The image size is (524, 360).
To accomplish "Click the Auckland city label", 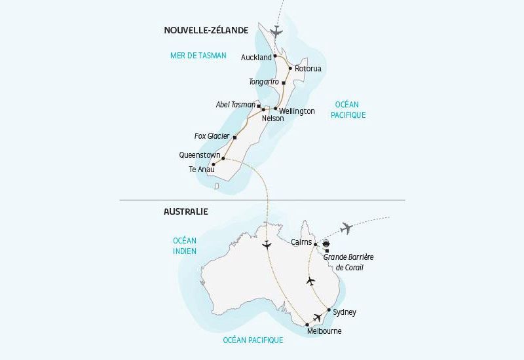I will click(x=256, y=58).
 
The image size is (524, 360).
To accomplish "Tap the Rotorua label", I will click(x=309, y=68).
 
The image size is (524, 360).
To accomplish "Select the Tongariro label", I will click(x=264, y=82).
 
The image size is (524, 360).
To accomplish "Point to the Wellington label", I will click(x=297, y=111).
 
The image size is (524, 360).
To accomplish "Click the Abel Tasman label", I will click(x=235, y=105).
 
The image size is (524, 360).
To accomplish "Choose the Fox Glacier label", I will click(x=212, y=136).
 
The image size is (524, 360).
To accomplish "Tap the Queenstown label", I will click(x=199, y=155).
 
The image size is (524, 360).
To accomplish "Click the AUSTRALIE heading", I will click(x=185, y=211).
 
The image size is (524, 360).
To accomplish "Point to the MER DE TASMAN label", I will click(x=198, y=56).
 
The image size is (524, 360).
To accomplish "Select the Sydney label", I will click(x=345, y=312).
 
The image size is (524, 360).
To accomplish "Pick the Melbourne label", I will click(x=324, y=331).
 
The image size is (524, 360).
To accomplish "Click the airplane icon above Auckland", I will click(x=276, y=31).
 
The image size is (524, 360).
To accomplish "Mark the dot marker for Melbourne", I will click(x=307, y=324).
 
